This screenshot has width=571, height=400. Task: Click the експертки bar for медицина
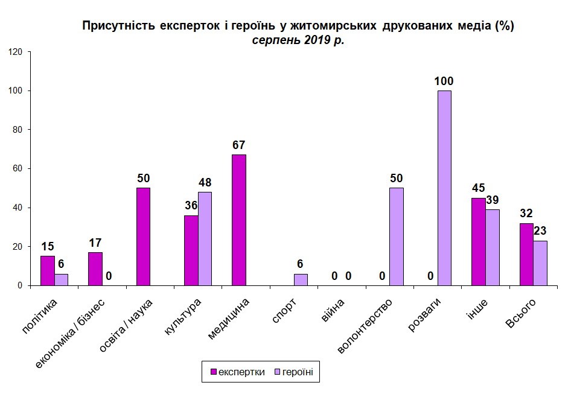(239, 220)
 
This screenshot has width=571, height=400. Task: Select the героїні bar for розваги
(444, 188)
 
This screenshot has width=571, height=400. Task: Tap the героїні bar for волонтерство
(397, 237)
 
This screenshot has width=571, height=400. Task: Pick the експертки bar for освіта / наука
(143, 237)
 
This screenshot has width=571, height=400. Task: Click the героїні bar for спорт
(301, 279)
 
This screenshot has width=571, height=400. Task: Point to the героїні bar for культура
(205, 238)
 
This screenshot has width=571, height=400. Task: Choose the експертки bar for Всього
(526, 254)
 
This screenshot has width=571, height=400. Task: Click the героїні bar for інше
(493, 247)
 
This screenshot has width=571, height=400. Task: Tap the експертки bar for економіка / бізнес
(95, 268)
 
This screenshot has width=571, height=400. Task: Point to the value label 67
(239, 145)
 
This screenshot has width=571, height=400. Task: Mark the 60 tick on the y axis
(18, 169)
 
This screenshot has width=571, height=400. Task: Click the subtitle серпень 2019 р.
(298, 40)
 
